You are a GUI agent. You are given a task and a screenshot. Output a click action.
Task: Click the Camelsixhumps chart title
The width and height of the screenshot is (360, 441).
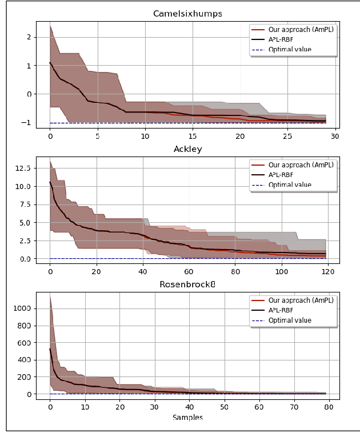coord(187,14)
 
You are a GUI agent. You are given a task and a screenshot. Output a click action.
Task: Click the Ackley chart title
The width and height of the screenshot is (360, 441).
coord(187,150)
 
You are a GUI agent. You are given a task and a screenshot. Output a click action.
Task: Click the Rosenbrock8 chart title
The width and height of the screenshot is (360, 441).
coord(187,285)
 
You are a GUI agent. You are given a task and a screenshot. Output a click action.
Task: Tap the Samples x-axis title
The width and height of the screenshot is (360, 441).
coord(187,418)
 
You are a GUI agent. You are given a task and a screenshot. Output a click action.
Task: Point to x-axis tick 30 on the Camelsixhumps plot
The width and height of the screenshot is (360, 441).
coord(335,137)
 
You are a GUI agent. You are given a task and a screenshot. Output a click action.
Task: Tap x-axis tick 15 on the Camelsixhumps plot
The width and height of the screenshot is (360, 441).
coord(192,137)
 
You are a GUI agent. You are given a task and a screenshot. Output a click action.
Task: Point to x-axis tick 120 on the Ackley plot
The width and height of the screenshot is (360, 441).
coord(327,272)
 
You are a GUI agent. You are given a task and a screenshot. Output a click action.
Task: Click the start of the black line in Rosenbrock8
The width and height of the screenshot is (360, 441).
coord(50,349)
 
